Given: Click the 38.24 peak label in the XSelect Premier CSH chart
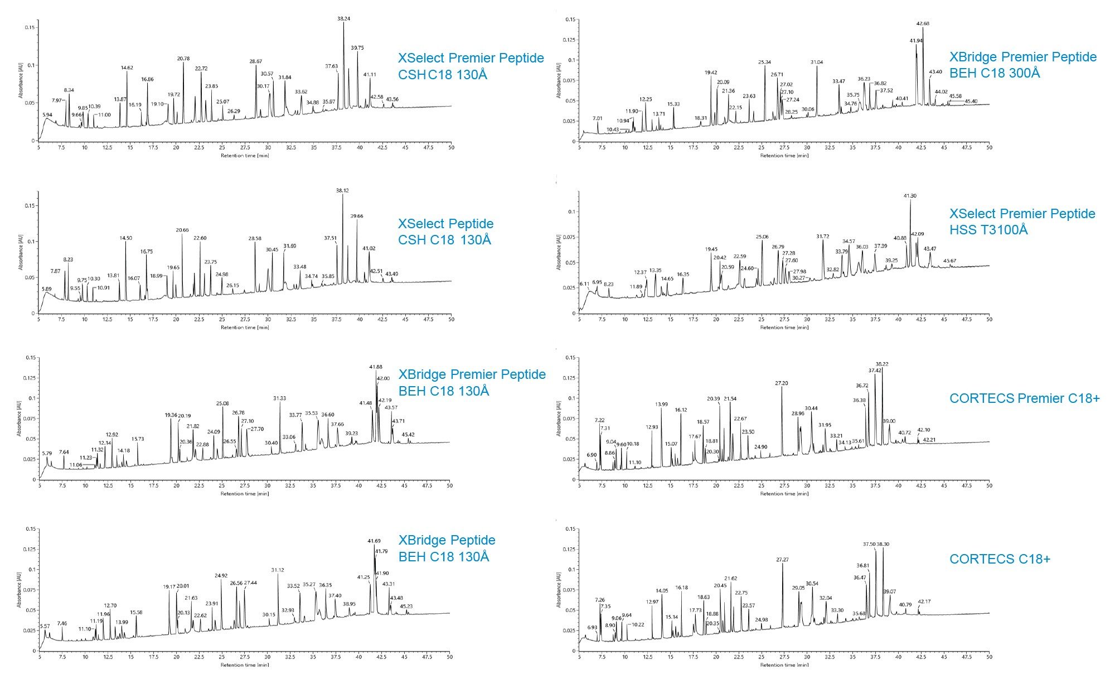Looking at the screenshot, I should [344, 18].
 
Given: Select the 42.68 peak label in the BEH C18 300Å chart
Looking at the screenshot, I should [923, 23].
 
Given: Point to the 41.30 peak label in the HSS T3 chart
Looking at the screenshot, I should [909, 196].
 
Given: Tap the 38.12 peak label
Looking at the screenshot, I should [342, 190].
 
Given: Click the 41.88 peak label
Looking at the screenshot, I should [376, 367].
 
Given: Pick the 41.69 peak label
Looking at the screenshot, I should [374, 541].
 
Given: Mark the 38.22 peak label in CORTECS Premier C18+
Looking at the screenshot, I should [882, 364].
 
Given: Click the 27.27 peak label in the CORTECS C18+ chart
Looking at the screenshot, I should [782, 559].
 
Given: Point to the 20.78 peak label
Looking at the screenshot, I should [183, 59].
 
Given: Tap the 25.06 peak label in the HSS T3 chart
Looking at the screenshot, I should [762, 237].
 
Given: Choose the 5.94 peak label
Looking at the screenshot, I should [47, 115].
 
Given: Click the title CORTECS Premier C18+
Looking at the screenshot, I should [1024, 398].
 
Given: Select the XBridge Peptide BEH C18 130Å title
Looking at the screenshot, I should [446, 548].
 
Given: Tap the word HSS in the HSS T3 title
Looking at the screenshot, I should [961, 229].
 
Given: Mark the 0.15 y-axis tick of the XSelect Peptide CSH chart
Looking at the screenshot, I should [29, 205].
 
